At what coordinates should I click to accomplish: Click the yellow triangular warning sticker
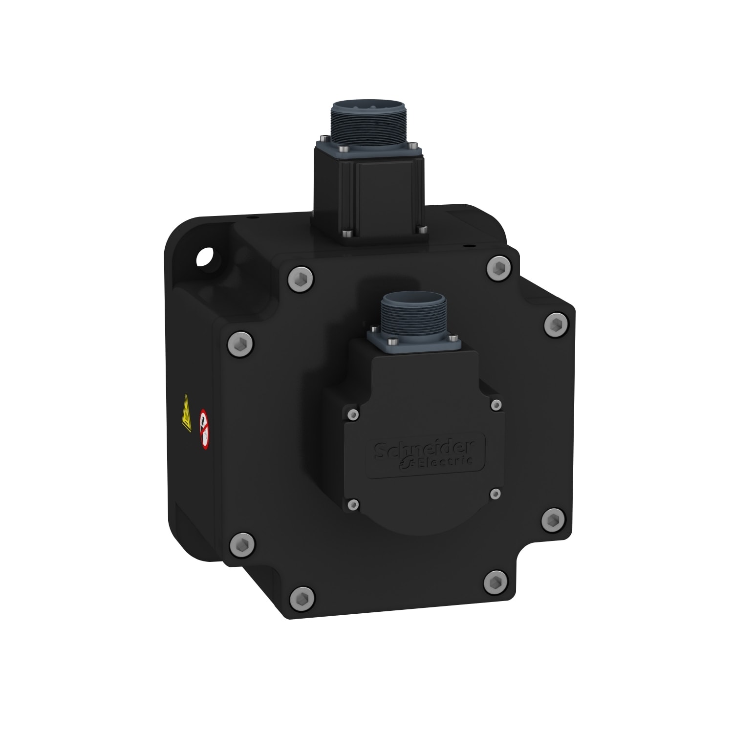(x=186, y=420)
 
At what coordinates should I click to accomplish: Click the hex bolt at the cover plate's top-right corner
(x=498, y=267)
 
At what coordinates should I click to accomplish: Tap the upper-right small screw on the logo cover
(x=496, y=404)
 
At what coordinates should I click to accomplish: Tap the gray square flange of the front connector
(x=414, y=343)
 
